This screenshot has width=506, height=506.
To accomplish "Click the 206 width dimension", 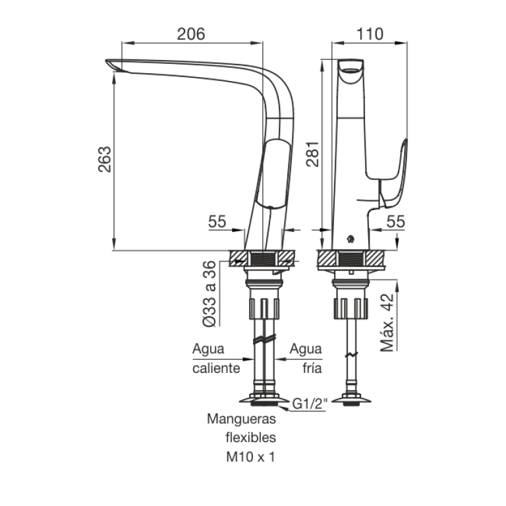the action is click(190, 34).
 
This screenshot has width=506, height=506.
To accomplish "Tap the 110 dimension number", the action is click(370, 34).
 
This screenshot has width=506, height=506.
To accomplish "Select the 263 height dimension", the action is click(105, 159).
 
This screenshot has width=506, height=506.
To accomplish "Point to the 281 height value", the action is click(312, 154).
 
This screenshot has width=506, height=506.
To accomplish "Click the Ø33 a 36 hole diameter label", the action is click(209, 294).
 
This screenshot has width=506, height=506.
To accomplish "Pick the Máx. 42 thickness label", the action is click(387, 323).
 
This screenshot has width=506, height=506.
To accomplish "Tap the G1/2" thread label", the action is click(310, 403).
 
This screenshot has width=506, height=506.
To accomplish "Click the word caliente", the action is click(216, 368).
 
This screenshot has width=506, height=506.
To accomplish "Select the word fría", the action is click(312, 368).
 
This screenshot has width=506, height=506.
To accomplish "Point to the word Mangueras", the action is click(241, 419).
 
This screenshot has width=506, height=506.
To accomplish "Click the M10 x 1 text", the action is click(251, 457).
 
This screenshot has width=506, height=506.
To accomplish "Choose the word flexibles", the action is click(251, 437).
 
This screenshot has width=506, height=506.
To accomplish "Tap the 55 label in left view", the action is click(217, 221).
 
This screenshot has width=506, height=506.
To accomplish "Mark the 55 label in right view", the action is click(395, 221).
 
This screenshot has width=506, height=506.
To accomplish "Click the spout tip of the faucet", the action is click(107, 61).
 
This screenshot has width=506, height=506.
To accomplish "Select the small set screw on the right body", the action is click(350, 239).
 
